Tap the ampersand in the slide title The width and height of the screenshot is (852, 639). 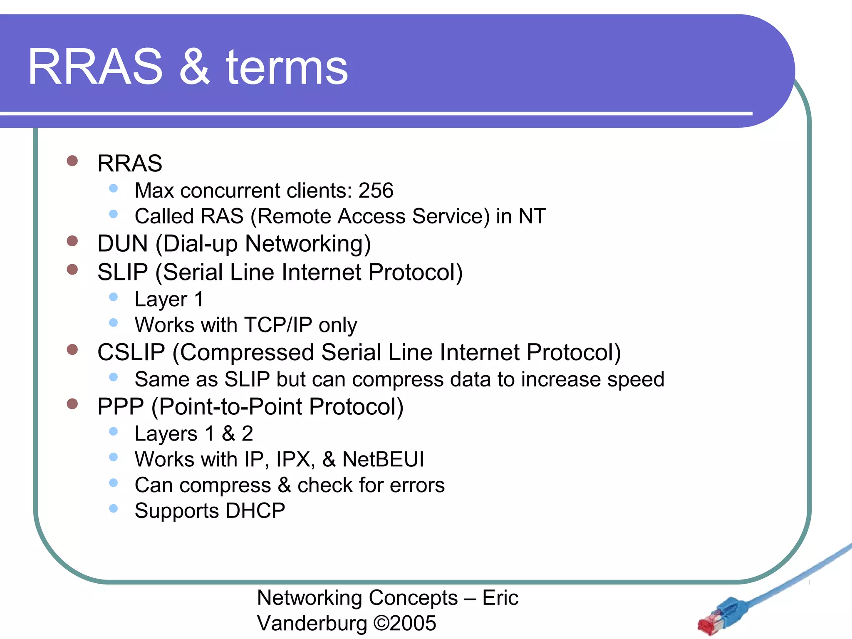(x=194, y=67)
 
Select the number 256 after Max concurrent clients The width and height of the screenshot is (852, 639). (x=376, y=191)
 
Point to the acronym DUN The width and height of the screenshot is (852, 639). (x=122, y=244)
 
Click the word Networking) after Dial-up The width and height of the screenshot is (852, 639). (x=307, y=244)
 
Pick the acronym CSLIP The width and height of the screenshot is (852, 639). (x=131, y=352)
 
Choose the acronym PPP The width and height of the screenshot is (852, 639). (x=120, y=407)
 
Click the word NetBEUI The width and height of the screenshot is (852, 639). (x=383, y=460)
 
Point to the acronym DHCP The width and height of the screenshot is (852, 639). (x=255, y=511)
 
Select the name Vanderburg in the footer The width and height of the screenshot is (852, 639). (x=312, y=623)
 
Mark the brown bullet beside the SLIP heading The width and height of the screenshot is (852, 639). (x=72, y=270)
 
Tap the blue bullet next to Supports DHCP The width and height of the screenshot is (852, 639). (x=113, y=508)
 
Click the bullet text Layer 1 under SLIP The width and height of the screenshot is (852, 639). (x=169, y=300)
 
